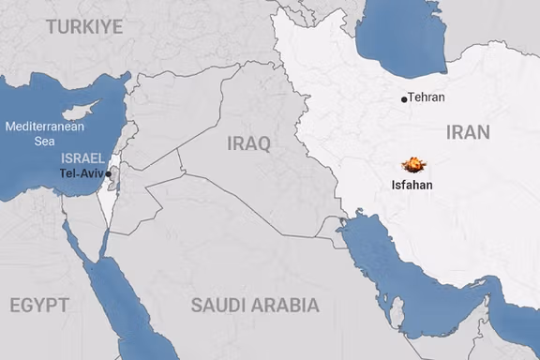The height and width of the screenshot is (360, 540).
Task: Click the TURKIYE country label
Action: click(x=84, y=27)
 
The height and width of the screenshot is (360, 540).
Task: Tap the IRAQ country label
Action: click(x=248, y=143)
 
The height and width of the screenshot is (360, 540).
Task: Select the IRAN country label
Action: click(x=468, y=132)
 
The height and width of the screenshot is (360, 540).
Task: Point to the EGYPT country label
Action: click(x=38, y=305)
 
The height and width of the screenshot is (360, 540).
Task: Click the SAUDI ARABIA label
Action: click(x=254, y=305)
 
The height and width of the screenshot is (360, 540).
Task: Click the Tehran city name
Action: click(x=427, y=97)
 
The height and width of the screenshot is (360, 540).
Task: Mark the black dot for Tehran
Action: click(x=404, y=98)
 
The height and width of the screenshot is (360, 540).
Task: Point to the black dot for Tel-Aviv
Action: click(x=109, y=173)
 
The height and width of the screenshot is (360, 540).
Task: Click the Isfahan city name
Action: click(x=412, y=185)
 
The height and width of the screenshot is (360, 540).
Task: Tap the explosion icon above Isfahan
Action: click(x=412, y=165)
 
